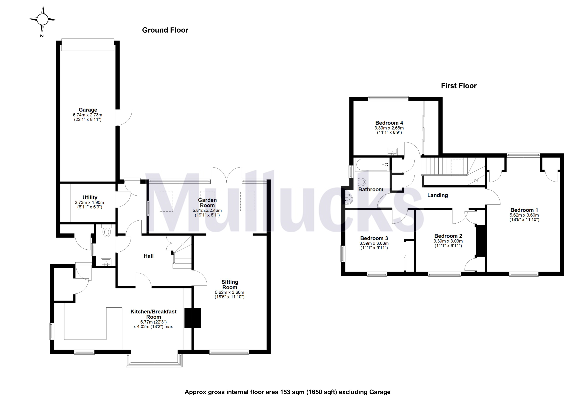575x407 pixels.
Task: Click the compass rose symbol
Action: click(x=42, y=19)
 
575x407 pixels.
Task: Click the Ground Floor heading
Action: click(x=165, y=30)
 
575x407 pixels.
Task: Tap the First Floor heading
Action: click(x=459, y=86)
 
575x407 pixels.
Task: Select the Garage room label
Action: click(x=88, y=110)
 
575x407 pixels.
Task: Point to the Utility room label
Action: click(x=90, y=197)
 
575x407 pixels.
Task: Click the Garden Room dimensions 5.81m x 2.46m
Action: click(x=207, y=211)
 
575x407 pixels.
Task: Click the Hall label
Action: click(x=149, y=256)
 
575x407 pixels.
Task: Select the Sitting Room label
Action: click(x=230, y=284)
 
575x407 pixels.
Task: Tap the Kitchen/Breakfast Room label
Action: click(x=153, y=314)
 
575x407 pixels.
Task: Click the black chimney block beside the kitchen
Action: click(x=193, y=318)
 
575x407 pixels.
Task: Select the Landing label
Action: click(x=437, y=195)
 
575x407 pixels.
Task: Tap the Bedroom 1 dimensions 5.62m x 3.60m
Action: click(x=524, y=215)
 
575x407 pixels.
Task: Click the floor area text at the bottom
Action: click(x=287, y=392)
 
